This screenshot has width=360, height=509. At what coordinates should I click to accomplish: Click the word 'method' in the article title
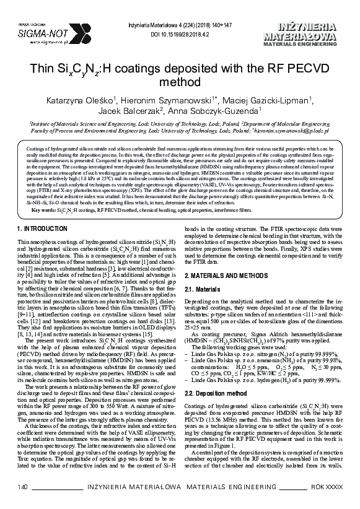point(180,82)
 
